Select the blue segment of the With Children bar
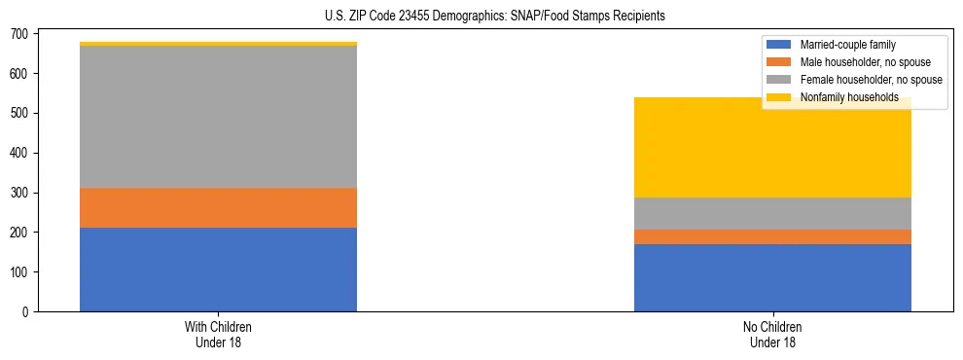click(x=218, y=270)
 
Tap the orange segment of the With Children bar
click(x=218, y=207)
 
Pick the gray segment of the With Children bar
click(x=218, y=117)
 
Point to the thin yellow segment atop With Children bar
click(x=218, y=44)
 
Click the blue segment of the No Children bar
click(x=772, y=277)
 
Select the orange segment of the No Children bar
click(x=772, y=236)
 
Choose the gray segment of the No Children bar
click(x=772, y=213)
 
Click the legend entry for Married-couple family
click(x=847, y=45)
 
